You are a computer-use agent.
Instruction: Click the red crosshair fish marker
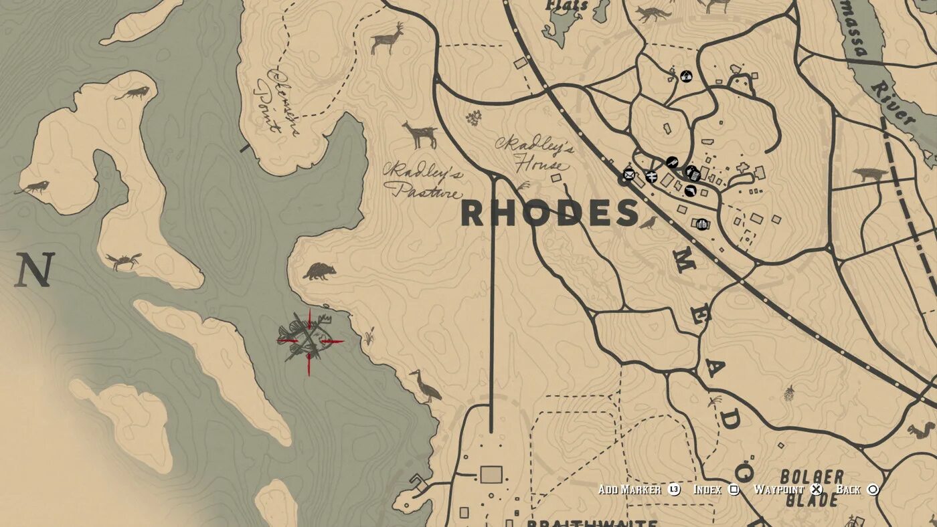[x=309, y=341]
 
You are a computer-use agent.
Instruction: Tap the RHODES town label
[x=549, y=213]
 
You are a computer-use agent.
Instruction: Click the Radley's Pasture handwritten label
[x=424, y=181]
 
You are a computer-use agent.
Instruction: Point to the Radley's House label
[x=535, y=155]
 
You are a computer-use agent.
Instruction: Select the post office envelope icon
[x=628, y=175]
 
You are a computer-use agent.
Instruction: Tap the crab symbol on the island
[x=123, y=260]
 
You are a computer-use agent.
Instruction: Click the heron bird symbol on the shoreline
[x=426, y=386]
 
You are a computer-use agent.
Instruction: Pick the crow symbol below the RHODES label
[x=648, y=223]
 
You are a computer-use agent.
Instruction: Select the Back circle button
[x=873, y=490]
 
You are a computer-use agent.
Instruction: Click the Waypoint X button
[x=816, y=490]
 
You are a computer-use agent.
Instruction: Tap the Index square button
[x=734, y=490]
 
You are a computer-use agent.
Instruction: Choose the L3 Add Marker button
[x=674, y=490]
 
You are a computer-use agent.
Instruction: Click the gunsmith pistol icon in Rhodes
[x=690, y=191]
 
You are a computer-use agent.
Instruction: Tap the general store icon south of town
[x=701, y=224]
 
